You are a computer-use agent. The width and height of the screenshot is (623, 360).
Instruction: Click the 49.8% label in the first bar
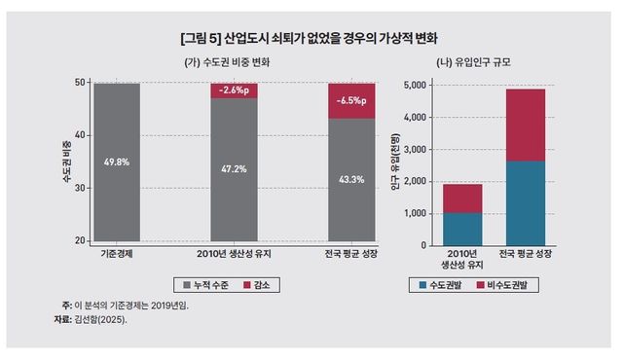117,162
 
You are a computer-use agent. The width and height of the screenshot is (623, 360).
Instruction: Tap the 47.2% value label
235,168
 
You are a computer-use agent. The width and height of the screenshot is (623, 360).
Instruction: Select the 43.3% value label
350,179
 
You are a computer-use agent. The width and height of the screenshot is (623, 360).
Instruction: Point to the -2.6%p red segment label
235,90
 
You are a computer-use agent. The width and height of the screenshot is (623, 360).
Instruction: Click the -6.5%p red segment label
350,100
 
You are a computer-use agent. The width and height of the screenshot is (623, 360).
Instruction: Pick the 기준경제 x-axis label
117,254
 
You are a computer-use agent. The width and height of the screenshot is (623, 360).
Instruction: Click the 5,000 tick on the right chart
414,85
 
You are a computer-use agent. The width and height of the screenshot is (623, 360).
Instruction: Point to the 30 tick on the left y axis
80,188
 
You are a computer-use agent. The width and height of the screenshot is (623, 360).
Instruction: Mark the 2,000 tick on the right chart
414,181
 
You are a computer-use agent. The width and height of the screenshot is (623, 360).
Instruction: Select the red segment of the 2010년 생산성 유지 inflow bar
463,198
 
